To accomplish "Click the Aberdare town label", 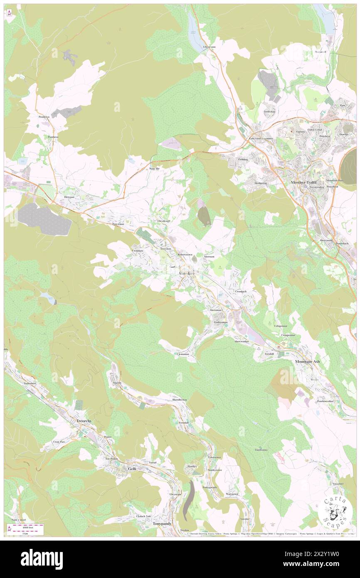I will click(186, 273).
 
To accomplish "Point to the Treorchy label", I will click(84, 421).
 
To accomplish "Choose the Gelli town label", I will click(132, 469).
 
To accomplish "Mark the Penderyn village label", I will click(44, 117).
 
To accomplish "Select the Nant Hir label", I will click(154, 168).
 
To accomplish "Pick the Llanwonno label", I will click(261, 450).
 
